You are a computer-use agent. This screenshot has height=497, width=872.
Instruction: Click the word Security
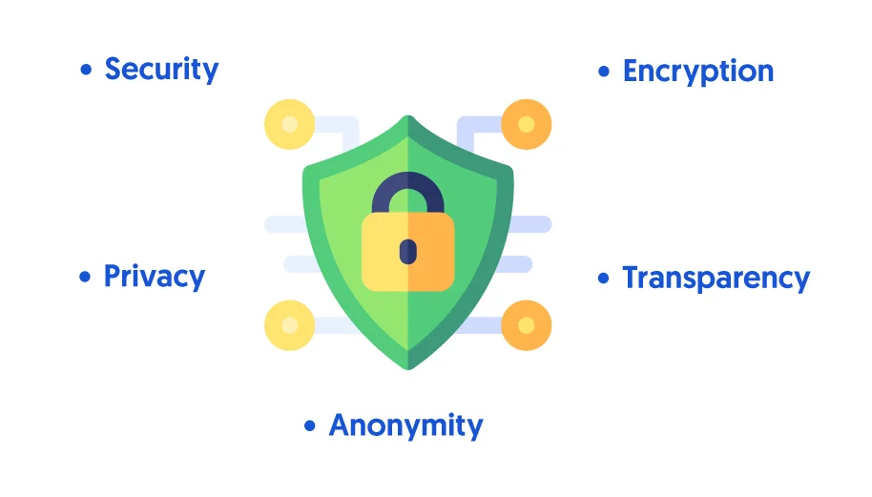click(x=161, y=70)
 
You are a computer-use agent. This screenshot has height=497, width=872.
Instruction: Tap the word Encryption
click(x=698, y=72)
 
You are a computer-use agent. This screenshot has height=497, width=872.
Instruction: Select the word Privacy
click(x=155, y=277)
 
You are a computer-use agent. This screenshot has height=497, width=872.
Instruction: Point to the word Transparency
click(x=716, y=278)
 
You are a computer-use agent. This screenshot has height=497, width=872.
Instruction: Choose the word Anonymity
click(x=406, y=426)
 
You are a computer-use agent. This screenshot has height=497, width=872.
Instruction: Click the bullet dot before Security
click(x=86, y=70)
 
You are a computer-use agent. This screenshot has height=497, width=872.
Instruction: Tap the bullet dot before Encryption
click(x=604, y=72)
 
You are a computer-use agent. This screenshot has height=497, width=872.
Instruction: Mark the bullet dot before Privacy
click(x=85, y=277)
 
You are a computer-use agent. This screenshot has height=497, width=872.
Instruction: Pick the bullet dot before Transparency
click(x=603, y=278)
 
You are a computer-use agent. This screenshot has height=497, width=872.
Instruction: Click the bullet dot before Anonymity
click(x=310, y=425)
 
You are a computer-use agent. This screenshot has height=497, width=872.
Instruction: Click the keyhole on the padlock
click(x=408, y=252)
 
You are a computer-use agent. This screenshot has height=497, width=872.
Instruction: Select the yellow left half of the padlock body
click(x=384, y=252)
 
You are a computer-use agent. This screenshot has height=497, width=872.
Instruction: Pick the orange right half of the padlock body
click(x=431, y=252)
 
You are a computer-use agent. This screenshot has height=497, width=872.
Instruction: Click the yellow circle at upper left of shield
click(x=290, y=124)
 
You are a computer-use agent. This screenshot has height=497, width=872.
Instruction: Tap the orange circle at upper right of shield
click(x=526, y=124)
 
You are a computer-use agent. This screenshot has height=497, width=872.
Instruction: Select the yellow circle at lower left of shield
click(x=290, y=325)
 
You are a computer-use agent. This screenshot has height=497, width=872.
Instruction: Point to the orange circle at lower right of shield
click(x=526, y=325)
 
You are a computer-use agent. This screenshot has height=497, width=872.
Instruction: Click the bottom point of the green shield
click(x=408, y=368)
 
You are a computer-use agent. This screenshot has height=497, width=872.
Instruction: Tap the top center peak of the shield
click(x=408, y=116)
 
